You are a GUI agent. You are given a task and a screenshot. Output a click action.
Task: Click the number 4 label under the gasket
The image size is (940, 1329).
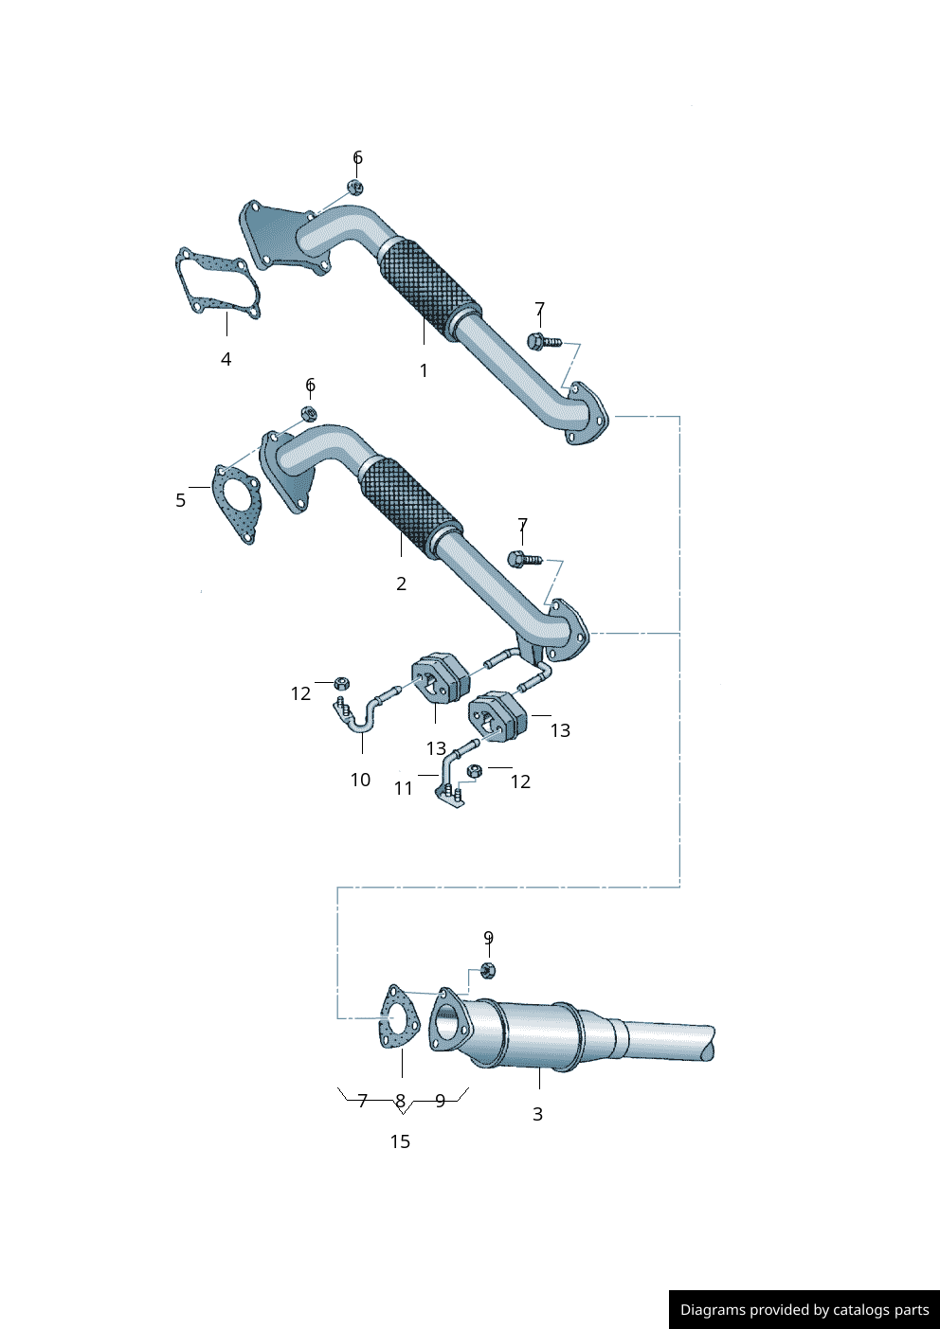point(226,359)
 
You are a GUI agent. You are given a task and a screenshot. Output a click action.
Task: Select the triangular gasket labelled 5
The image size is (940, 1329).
point(235,504)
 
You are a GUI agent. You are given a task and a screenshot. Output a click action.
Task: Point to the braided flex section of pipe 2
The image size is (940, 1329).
point(409,502)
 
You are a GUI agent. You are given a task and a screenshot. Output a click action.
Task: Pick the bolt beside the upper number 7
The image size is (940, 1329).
point(543,341)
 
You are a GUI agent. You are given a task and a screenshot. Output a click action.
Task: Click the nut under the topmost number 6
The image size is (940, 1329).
point(355,188)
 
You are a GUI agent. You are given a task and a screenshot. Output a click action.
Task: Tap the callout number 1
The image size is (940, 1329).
point(424,371)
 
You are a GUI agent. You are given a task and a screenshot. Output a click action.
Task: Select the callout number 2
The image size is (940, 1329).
point(401,584)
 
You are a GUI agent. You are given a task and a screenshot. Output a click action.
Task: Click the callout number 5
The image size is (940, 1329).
point(180,500)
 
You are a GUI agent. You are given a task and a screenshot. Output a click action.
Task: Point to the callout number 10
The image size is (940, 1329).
point(360,780)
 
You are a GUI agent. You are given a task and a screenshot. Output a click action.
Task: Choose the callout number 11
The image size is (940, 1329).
point(404,788)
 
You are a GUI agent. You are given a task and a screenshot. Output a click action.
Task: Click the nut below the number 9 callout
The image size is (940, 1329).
point(488,970)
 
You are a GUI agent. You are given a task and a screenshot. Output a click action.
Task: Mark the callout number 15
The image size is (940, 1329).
point(400,1141)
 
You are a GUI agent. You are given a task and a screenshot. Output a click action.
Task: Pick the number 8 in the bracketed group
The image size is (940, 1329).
point(401,1101)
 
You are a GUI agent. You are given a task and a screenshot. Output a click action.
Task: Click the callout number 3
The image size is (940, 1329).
point(537,1114)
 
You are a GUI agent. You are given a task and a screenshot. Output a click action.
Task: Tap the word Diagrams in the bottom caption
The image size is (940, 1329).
point(713,1310)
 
